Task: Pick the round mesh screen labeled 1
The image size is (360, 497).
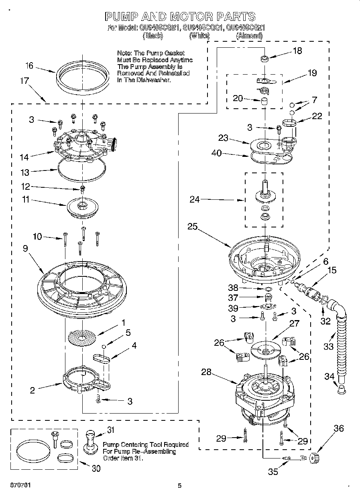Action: (83, 337)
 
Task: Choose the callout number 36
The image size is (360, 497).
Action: (339, 428)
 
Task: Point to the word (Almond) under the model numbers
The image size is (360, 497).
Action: (249, 36)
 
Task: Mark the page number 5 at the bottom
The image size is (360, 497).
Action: (180, 485)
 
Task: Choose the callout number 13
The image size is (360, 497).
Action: (25, 172)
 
